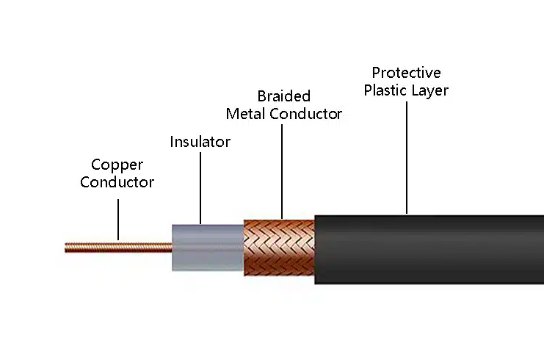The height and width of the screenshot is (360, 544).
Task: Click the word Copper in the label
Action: click(117, 165)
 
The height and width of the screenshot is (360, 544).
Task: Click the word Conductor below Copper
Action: click(117, 182)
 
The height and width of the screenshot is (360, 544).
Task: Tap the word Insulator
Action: click(200, 142)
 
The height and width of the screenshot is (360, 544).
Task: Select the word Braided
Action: click(283, 96)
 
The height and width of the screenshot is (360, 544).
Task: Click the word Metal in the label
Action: click(246, 114)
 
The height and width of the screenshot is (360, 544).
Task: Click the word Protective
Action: click(406, 73)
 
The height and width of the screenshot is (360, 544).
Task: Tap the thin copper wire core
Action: click(117, 247)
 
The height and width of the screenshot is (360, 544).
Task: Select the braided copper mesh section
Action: click(279, 248)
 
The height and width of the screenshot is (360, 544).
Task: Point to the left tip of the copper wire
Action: click(66, 248)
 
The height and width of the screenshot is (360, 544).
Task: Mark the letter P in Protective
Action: click(376, 73)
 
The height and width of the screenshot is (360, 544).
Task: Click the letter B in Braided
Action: click(262, 96)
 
